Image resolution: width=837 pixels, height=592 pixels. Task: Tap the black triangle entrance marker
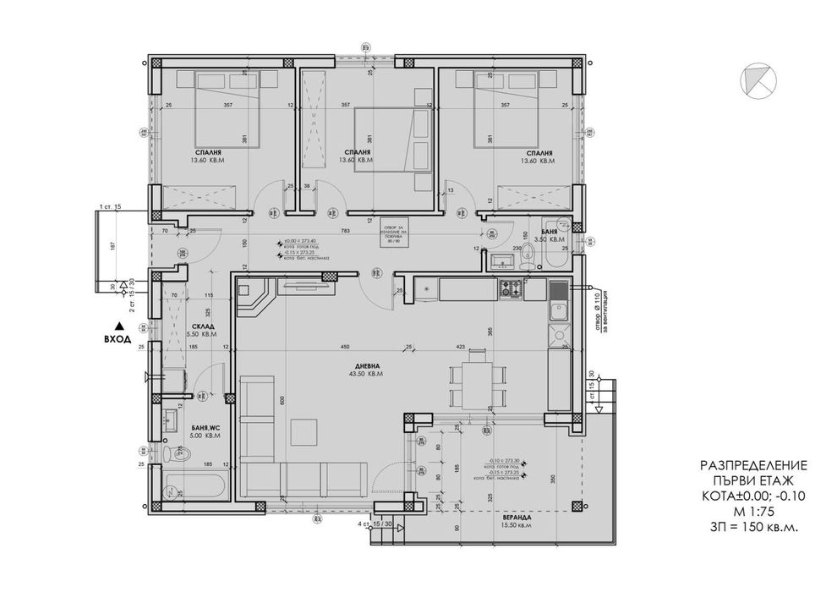pos(119,326)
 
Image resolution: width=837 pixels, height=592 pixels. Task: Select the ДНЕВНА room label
pos(368,366)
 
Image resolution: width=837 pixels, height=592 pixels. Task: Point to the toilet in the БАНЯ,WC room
pos(175,455)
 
